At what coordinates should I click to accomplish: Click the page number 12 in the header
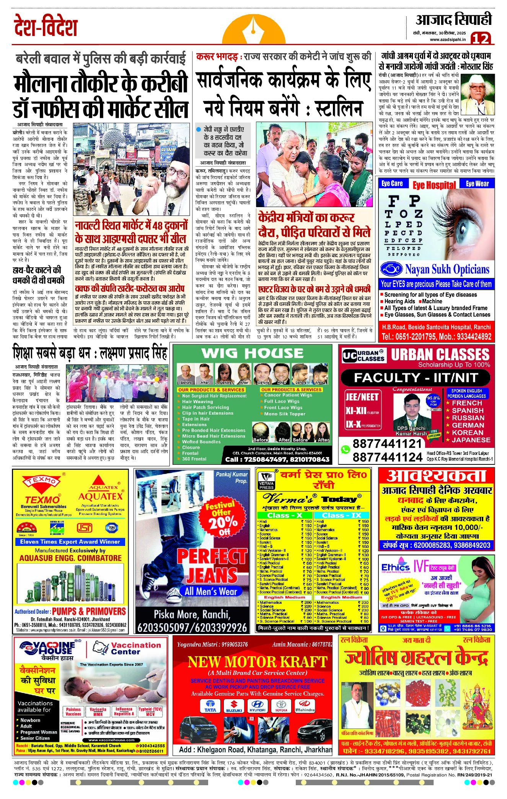point(480,39)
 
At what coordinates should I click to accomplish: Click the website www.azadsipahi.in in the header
point(448,39)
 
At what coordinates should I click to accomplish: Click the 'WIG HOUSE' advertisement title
point(253,353)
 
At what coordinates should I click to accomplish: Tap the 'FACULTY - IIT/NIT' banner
point(416,378)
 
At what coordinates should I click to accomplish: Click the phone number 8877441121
point(387,444)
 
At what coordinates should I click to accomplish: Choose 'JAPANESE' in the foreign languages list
point(471,440)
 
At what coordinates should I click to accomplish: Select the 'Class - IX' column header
point(342,515)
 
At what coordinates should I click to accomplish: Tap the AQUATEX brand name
point(100,496)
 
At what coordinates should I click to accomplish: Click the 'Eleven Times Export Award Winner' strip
point(70,542)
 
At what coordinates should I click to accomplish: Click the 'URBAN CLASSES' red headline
point(440,354)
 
